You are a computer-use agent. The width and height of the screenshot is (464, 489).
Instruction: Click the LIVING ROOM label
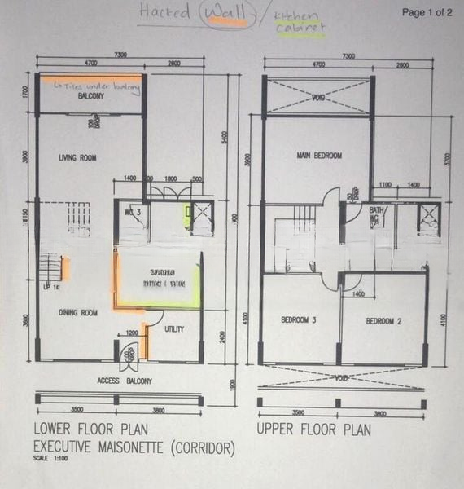78,158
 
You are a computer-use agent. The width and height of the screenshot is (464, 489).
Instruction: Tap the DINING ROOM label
77,312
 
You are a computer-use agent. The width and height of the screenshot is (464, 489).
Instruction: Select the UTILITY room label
174,329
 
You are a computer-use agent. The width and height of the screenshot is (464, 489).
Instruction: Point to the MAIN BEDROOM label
319,156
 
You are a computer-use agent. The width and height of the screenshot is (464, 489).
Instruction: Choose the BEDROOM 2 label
383,320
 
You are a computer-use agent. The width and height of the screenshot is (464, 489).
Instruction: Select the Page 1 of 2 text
427,12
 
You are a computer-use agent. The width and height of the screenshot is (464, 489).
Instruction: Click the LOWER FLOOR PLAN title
89,430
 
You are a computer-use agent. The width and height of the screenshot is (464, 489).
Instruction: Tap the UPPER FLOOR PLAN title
313,430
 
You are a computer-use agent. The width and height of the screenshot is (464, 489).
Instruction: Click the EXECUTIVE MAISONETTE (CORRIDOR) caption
134,448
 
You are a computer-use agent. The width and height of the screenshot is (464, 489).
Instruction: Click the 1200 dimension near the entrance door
132,333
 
